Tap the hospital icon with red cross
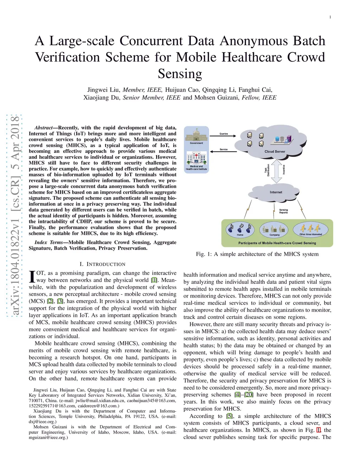(196, 158)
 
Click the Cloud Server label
(275, 152)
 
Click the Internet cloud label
(276, 192)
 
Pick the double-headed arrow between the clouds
(277, 171)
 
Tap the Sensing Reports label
(283, 211)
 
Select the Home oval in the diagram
(240, 230)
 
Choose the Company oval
(274, 230)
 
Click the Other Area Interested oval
(310, 229)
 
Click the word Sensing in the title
(180, 74)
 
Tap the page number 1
(330, 17)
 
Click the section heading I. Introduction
(102, 264)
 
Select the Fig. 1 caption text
(257, 254)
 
